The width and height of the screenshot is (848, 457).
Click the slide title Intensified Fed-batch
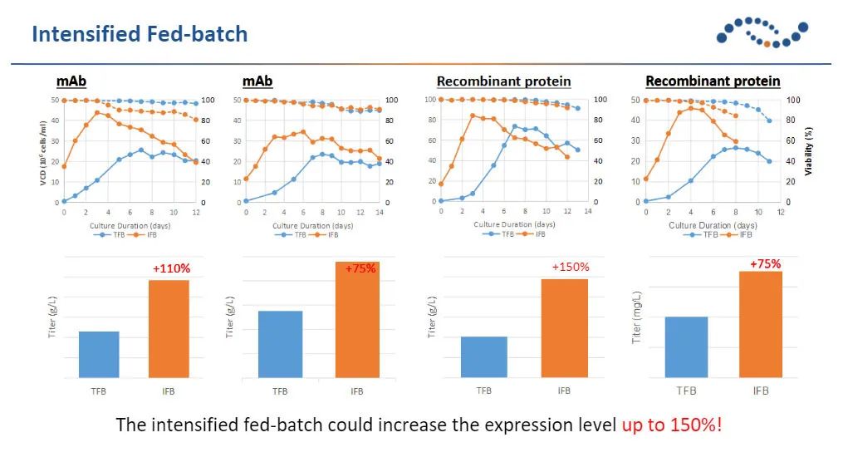pos(139,34)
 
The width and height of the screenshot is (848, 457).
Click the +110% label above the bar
pos(171,269)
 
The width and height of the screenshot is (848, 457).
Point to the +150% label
pos(571,267)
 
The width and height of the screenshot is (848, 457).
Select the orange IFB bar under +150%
pos(565,328)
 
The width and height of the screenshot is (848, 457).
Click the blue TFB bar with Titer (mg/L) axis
pos(686,346)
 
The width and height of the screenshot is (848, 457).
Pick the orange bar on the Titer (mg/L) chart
pos(761,324)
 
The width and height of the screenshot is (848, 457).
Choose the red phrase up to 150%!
pos(672,425)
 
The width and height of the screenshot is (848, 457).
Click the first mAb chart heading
pos(71,81)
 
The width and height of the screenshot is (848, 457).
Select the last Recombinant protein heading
pos(713,81)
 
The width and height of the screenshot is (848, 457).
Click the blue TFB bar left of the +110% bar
pos(99,355)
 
